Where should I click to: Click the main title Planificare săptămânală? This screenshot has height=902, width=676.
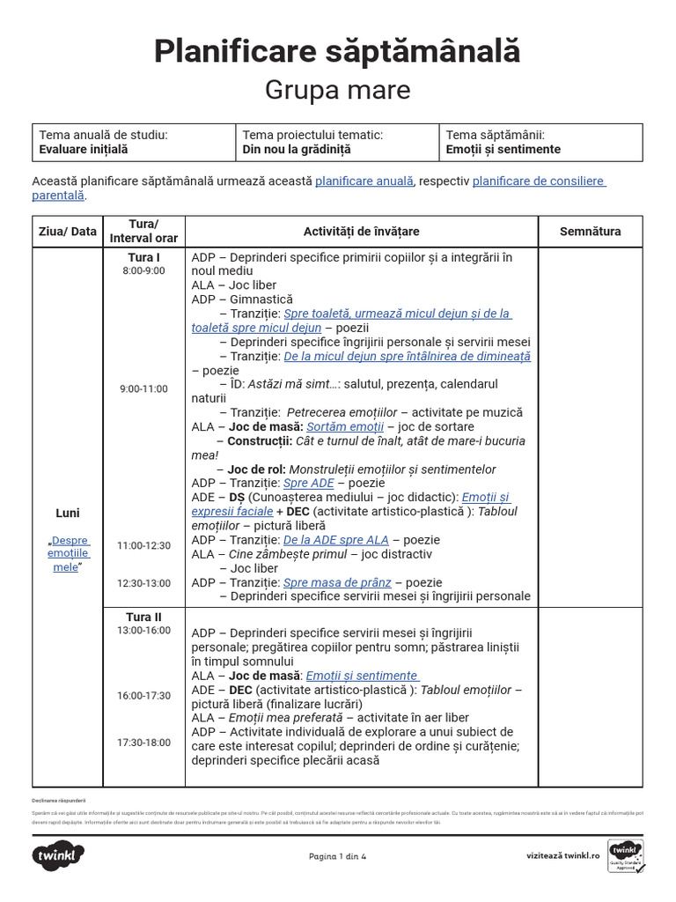(x=337, y=51)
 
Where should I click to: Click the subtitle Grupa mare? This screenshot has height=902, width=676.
(x=337, y=90)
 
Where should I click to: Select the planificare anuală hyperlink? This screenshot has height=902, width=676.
(x=364, y=181)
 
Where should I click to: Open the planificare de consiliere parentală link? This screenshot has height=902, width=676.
(x=539, y=181)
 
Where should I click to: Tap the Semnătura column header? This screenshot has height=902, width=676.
(x=590, y=232)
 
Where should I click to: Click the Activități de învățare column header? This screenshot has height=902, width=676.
(x=361, y=232)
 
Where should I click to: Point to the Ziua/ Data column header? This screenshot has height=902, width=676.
(x=68, y=232)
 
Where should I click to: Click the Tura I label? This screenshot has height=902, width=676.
(x=143, y=257)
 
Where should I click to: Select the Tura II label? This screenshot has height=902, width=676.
(x=143, y=617)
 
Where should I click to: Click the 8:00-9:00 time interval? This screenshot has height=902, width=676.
(x=143, y=270)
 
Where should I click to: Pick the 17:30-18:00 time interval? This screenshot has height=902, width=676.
(x=143, y=743)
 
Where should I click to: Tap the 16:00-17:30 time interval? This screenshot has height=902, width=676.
(x=143, y=695)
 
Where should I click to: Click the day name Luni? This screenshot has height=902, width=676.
(x=68, y=513)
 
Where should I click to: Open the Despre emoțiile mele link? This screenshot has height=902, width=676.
(x=69, y=554)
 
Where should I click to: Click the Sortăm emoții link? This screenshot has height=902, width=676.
(x=344, y=426)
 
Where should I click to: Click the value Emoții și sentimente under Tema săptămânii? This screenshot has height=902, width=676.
(x=503, y=150)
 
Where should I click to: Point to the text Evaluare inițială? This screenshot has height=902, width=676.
(x=84, y=150)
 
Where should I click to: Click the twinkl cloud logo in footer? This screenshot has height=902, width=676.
(x=59, y=854)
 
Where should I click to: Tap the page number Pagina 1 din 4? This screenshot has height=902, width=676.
(x=337, y=855)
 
